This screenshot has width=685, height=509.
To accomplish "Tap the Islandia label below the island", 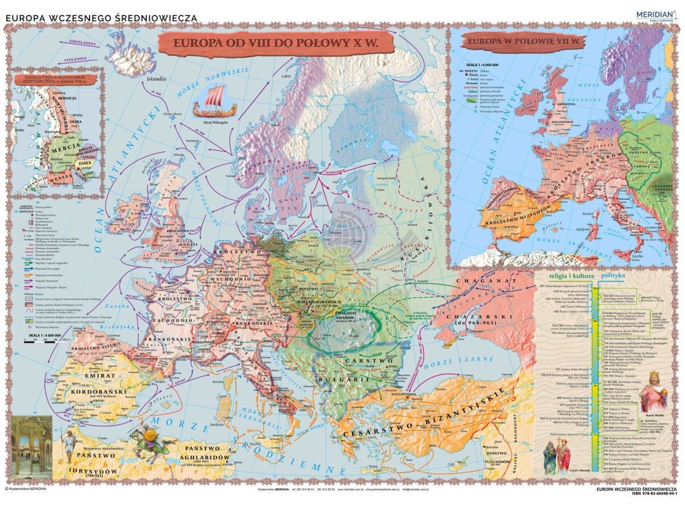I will [156, 79].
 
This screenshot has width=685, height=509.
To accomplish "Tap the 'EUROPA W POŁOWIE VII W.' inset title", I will [519, 43].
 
